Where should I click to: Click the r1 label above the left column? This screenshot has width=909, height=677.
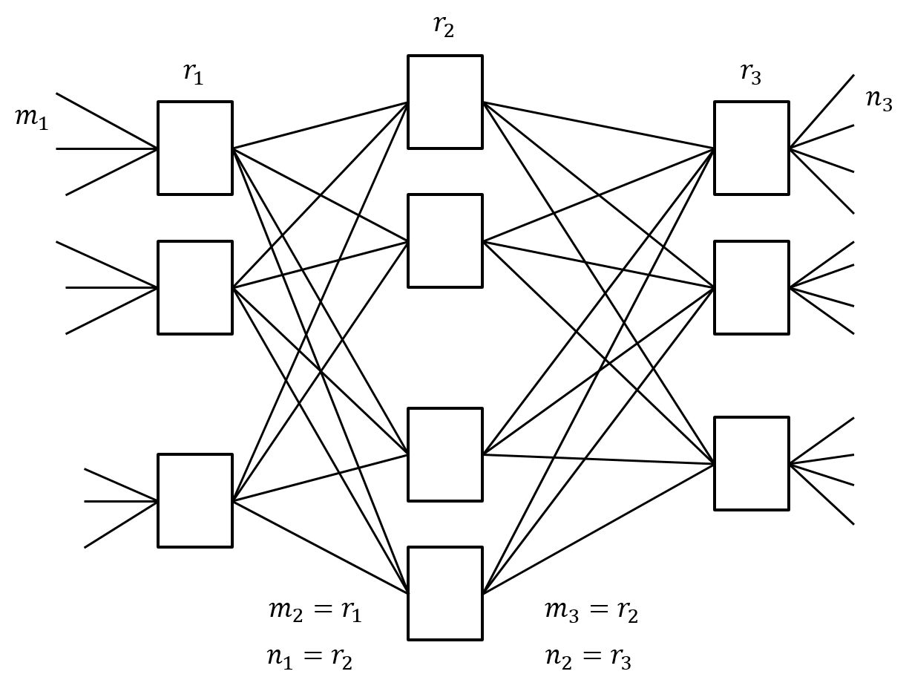[193, 73]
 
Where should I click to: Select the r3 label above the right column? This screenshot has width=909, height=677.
[750, 73]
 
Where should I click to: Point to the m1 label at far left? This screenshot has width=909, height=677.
[32, 118]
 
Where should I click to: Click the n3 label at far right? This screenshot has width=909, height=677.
[879, 99]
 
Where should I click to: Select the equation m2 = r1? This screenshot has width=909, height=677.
[315, 611]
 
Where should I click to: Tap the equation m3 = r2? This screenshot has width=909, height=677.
[591, 611]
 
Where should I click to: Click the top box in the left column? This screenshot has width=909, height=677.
[195, 148]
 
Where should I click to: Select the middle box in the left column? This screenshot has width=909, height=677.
[195, 287]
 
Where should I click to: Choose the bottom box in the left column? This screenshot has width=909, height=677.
[195, 500]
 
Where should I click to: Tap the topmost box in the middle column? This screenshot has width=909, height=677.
[445, 102]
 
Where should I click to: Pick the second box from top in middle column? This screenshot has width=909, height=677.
[445, 241]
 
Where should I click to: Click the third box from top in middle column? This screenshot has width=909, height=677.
[445, 454]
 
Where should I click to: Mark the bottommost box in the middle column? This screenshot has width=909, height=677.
[445, 593]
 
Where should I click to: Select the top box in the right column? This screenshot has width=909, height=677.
[752, 148]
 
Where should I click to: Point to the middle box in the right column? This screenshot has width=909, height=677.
[752, 287]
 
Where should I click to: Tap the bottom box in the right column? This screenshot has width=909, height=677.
[752, 463]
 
